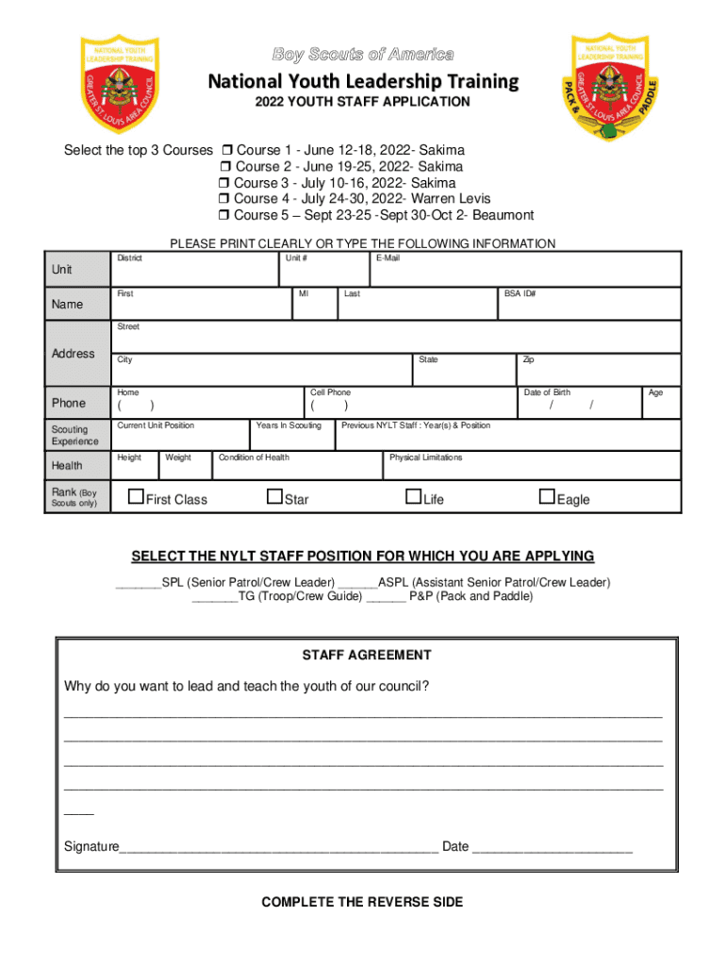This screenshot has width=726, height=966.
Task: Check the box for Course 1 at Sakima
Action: click(226, 151)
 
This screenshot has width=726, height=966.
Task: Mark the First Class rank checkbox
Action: click(136, 497)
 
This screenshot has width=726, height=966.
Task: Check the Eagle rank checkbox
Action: click(546, 497)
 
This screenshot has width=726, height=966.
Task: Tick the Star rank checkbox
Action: click(274, 497)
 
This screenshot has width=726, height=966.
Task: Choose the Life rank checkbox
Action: click(413, 497)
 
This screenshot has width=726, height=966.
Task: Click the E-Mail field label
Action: click(388, 258)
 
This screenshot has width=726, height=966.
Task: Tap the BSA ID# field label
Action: click(520, 293)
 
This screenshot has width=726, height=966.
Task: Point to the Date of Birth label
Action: click(547, 392)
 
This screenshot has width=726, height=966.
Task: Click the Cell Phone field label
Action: click(330, 392)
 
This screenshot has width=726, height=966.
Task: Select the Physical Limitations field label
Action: click(426, 458)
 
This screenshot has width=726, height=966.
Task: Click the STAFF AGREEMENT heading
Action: click(367, 655)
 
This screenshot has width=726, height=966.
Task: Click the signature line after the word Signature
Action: click(278, 848)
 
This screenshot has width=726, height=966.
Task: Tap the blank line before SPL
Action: click(138, 584)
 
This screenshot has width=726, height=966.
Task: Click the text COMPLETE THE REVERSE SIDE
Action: click(362, 903)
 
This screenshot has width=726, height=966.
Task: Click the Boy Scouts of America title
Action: click(363, 55)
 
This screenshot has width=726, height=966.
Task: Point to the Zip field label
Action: click(529, 359)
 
